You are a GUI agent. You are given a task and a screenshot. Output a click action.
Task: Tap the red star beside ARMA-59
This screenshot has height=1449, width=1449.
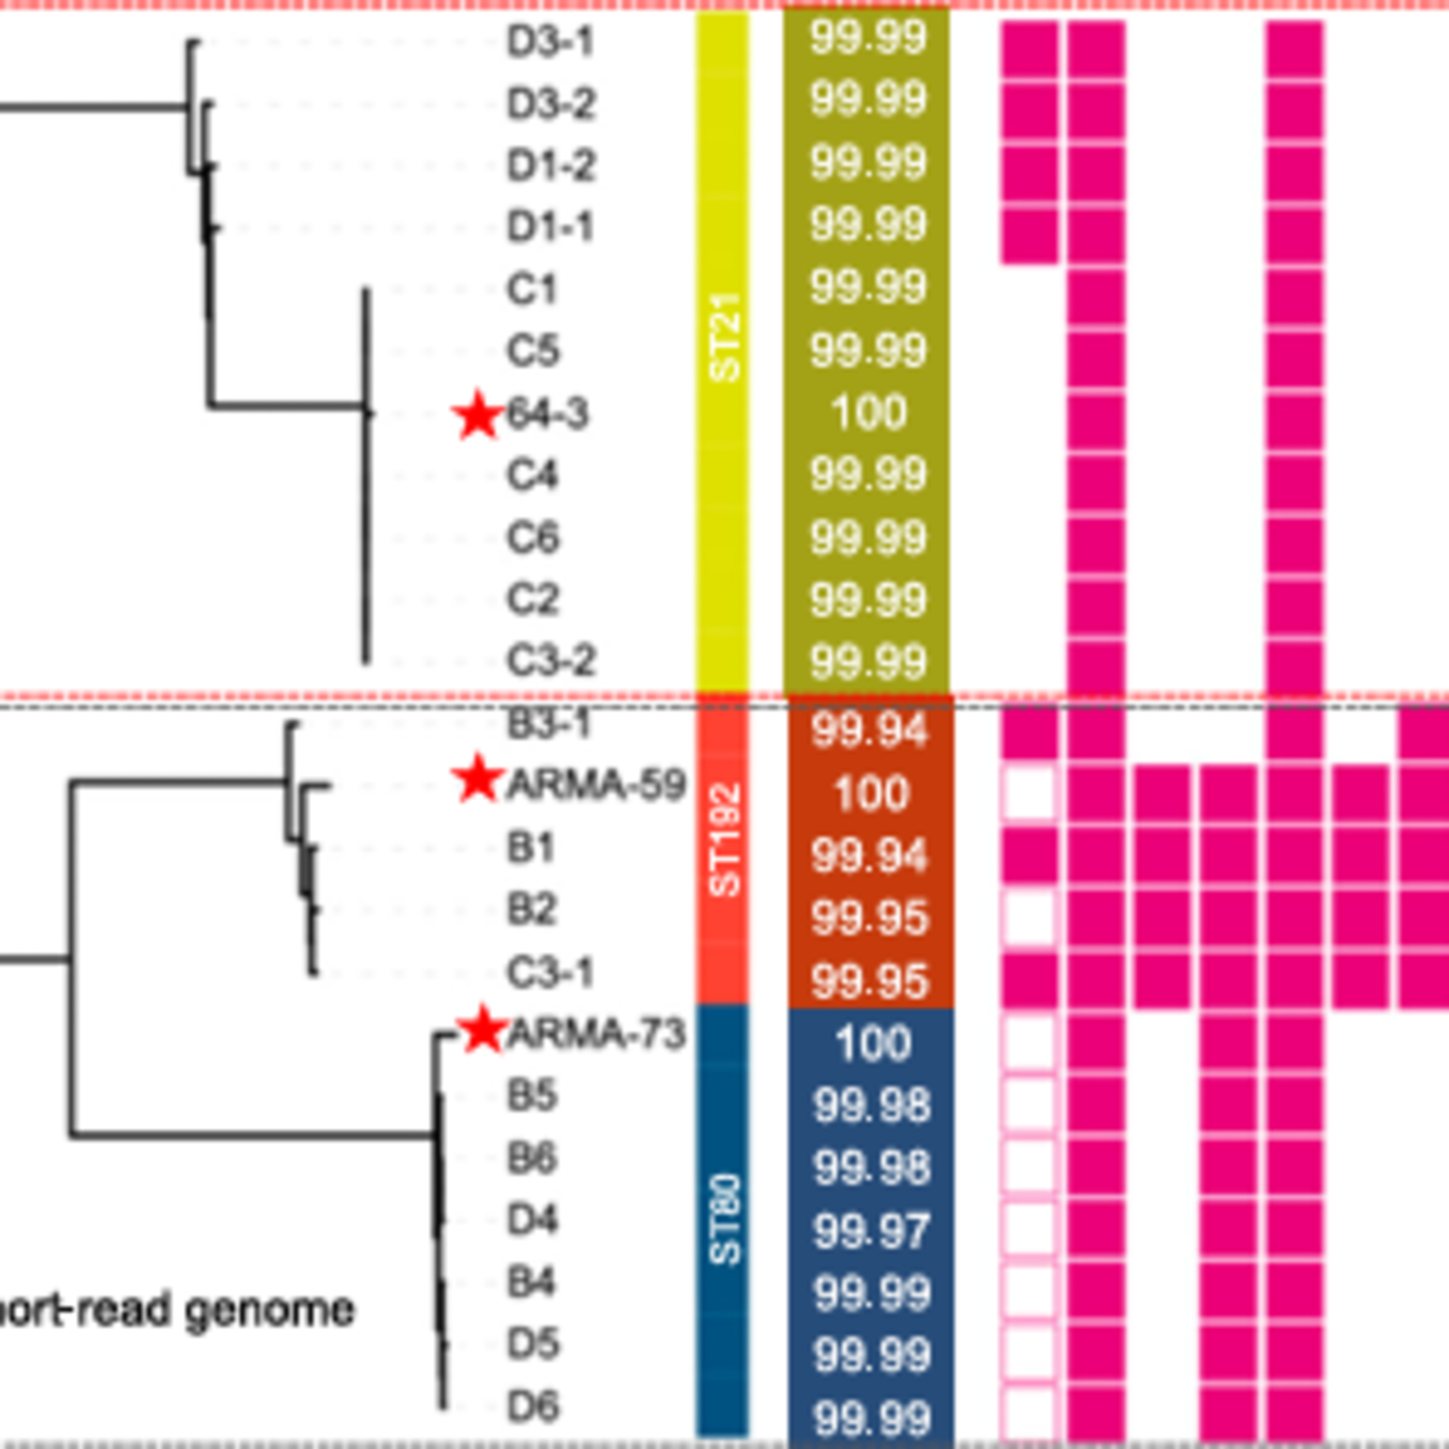(x=477, y=779)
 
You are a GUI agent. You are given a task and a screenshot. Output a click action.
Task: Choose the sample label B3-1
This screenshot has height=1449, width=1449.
(x=550, y=724)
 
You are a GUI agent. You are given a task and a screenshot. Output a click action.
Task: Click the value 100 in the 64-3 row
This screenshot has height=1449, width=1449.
(x=868, y=412)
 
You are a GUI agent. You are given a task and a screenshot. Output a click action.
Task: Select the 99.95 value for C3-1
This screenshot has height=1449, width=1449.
(x=870, y=981)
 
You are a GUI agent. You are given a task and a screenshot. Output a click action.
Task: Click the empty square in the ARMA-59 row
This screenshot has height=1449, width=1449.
(x=1029, y=793)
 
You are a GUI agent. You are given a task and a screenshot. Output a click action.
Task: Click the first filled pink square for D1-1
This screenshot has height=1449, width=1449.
(x=1029, y=236)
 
